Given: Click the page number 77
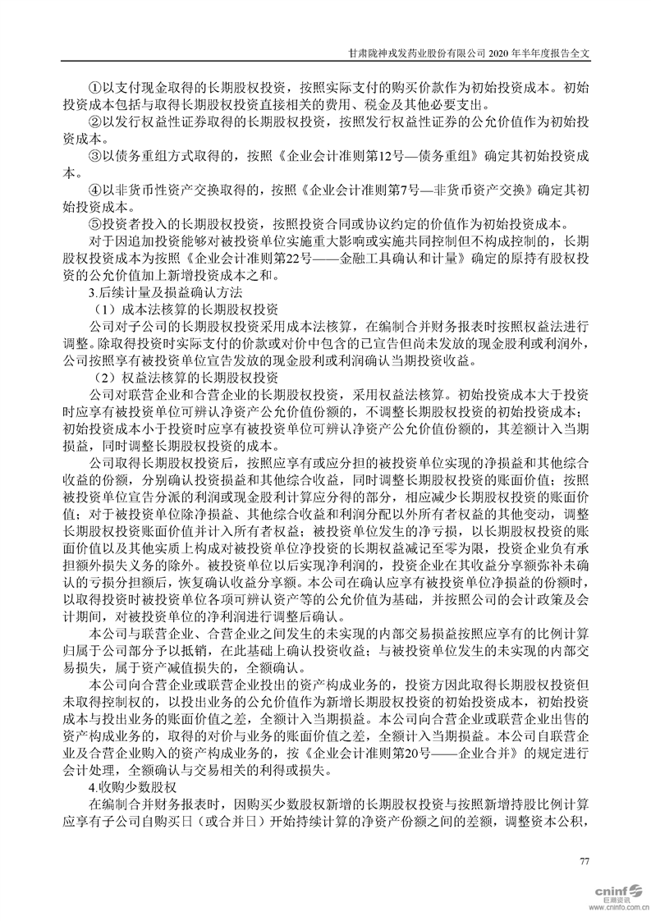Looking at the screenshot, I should [x=585, y=860].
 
